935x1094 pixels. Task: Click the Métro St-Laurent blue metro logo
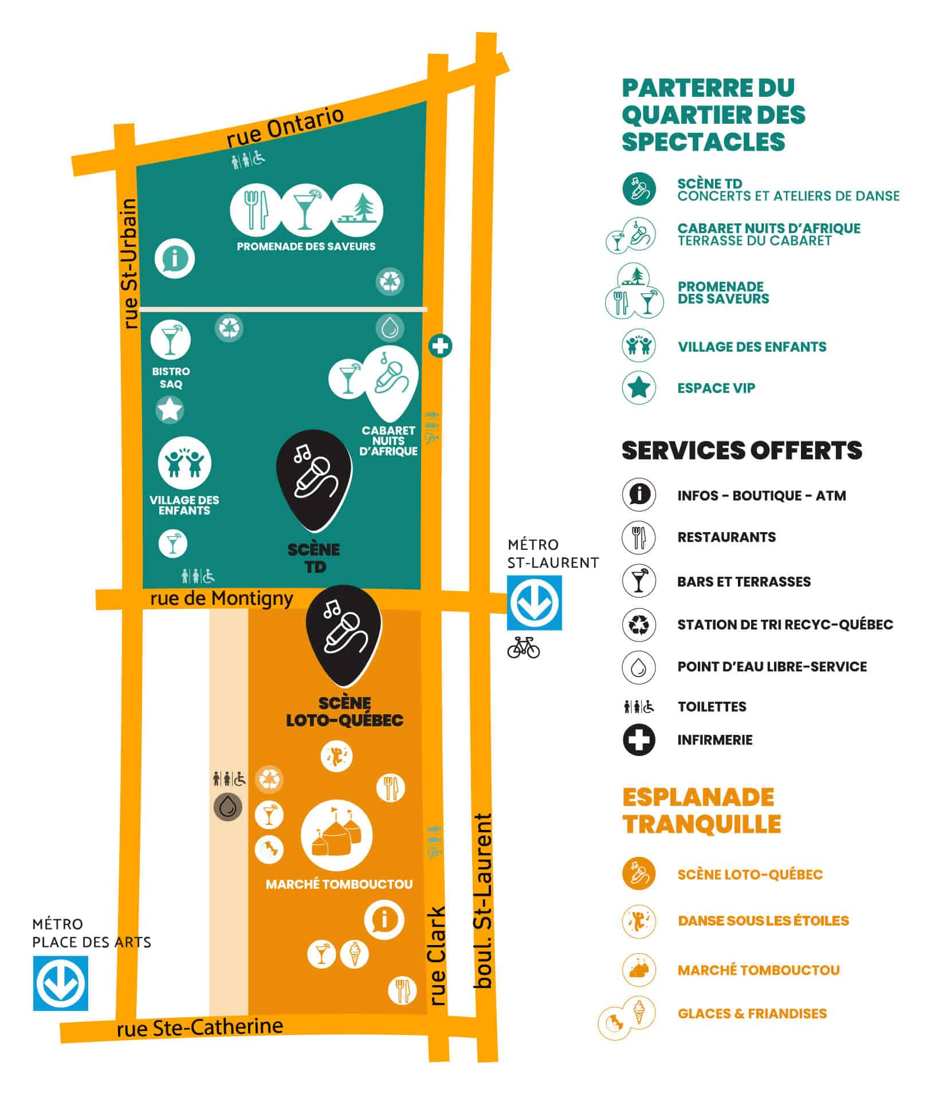pyautogui.click(x=534, y=602)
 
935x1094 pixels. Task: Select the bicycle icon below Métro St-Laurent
pyautogui.click(x=524, y=648)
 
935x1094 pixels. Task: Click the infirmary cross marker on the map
pyautogui.click(x=440, y=345)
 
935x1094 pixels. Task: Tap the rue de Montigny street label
pyautogui.click(x=222, y=599)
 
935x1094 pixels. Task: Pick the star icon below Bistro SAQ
pyautogui.click(x=170, y=410)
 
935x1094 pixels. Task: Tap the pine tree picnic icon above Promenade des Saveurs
pyautogui.click(x=357, y=210)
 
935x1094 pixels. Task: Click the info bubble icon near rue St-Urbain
pyautogui.click(x=175, y=258)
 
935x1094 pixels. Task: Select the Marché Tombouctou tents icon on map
pyautogui.click(x=336, y=836)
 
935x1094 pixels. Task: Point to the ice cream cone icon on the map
pyautogui.click(x=355, y=954)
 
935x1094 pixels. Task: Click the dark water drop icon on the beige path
pyautogui.click(x=228, y=807)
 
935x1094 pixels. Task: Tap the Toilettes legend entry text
pyautogui.click(x=712, y=706)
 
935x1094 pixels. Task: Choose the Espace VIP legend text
pyautogui.click(x=716, y=388)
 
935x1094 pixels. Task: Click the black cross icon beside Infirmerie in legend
pyautogui.click(x=639, y=739)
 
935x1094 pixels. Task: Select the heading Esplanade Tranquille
pyautogui.click(x=701, y=810)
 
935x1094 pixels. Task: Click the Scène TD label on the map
pyautogui.click(x=314, y=557)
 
